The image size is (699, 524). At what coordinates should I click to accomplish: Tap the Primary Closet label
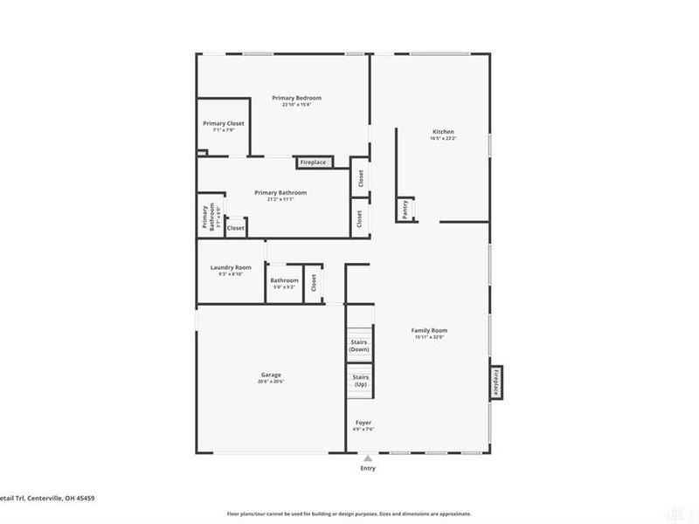pos(224,124)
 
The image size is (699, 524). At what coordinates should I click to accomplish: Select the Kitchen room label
pos(443,131)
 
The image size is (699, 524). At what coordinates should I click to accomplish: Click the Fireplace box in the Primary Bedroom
pos(313,162)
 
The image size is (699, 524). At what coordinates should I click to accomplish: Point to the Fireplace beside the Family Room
pos(496,382)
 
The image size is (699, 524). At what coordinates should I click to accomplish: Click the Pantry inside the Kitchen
pos(405,209)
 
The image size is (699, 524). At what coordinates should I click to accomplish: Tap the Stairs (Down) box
pos(359,345)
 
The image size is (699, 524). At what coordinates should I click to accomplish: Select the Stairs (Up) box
pos(360,381)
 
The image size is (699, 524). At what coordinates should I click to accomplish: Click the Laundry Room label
pos(231,267)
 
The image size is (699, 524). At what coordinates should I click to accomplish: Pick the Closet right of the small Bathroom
pos(313,284)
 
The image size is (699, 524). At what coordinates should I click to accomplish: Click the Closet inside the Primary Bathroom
pos(236,228)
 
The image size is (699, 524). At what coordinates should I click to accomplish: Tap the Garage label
pos(270,376)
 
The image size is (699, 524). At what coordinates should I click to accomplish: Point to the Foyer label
pos(363,423)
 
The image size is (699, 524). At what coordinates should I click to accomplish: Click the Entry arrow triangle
pos(368,458)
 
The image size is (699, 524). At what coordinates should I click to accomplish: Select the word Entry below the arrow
pos(368,469)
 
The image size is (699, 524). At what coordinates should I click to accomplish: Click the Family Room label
pos(430,330)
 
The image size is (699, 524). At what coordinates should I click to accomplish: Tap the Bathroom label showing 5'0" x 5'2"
pos(284,280)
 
